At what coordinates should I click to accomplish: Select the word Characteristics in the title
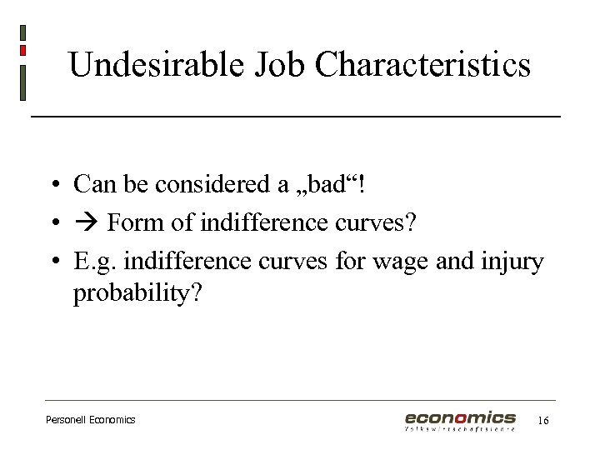pos(423,64)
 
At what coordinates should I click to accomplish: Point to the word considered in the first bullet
pos(223,184)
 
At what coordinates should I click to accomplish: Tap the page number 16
pos(542,421)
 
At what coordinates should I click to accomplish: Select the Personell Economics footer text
pos(90,420)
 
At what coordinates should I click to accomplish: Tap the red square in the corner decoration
pos(22,50)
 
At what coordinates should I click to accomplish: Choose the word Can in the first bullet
pos(91,184)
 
